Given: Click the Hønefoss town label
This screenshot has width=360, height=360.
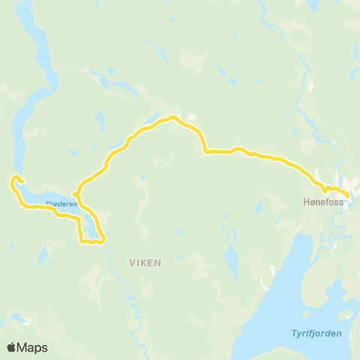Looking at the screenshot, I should click(x=323, y=202).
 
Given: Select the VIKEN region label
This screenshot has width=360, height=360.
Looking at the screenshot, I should click(x=145, y=263).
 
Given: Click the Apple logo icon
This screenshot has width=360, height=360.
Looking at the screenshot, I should click(x=12, y=347).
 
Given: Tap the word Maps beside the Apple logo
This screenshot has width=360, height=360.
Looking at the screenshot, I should click(x=33, y=347).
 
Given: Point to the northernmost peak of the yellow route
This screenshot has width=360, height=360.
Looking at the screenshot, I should click(x=173, y=117).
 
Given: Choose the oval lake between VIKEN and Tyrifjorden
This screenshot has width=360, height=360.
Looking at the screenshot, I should click(x=232, y=262).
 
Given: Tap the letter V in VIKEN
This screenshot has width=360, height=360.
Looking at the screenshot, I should click(x=132, y=263).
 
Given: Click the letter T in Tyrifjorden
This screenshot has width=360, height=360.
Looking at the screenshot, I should click(x=295, y=334).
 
